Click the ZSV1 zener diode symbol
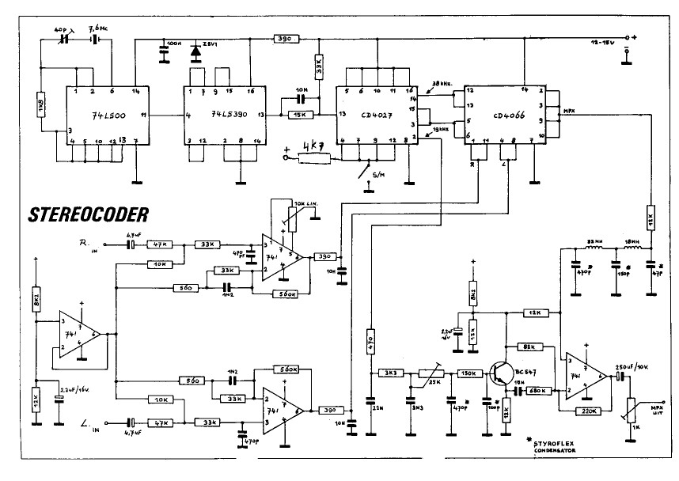pos(195,51)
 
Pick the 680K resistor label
pos(541,390)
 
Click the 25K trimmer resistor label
pos(434,384)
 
